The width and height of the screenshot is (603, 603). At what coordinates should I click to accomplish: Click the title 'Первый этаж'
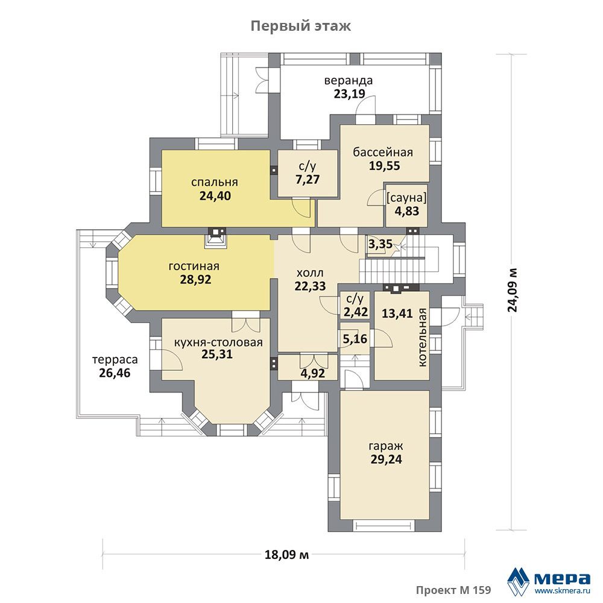301,26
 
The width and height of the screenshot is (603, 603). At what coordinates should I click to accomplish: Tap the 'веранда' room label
349,81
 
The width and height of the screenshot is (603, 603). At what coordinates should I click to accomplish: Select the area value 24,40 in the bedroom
215,196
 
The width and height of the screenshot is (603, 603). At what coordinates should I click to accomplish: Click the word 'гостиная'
194,266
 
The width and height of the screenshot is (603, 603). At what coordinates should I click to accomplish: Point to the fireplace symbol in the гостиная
217,238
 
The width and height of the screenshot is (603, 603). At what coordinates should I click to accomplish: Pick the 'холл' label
310,273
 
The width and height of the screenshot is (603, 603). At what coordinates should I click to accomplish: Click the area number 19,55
385,166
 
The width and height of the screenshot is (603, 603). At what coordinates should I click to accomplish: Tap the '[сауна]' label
406,198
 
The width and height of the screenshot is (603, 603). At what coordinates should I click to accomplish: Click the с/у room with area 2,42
355,305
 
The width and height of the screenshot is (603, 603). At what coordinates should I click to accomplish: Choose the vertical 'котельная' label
423,337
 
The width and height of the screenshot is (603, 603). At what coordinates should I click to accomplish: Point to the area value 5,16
355,339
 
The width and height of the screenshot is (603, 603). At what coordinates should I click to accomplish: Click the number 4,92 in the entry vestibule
312,373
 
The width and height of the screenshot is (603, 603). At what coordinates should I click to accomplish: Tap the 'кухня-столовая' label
218,343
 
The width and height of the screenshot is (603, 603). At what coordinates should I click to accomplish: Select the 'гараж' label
386,446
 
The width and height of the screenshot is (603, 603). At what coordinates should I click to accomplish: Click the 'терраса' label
115,360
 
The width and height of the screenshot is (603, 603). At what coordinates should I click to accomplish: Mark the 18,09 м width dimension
287,555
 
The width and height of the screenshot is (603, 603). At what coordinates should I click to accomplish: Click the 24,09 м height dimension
513,289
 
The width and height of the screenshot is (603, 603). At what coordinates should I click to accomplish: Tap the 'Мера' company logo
548,580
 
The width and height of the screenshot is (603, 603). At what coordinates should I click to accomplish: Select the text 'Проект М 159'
453,590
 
